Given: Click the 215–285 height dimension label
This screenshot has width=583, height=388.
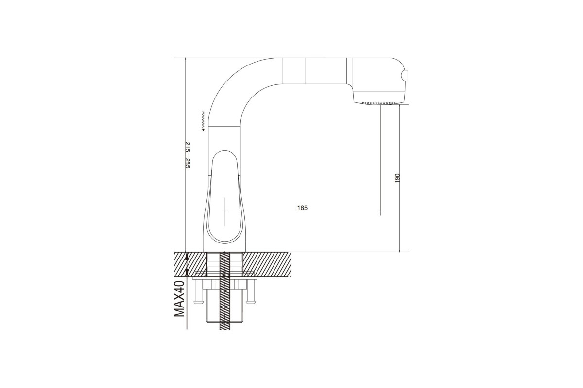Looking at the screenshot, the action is [188, 155].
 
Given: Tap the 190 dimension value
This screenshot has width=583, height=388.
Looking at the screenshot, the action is [397, 178].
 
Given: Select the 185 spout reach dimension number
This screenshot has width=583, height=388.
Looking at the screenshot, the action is [302, 208].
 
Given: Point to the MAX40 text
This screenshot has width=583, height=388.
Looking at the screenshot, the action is [179, 299].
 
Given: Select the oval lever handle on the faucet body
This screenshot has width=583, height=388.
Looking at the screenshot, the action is [224, 197].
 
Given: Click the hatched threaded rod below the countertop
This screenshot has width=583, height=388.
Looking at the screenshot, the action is [225, 291].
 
